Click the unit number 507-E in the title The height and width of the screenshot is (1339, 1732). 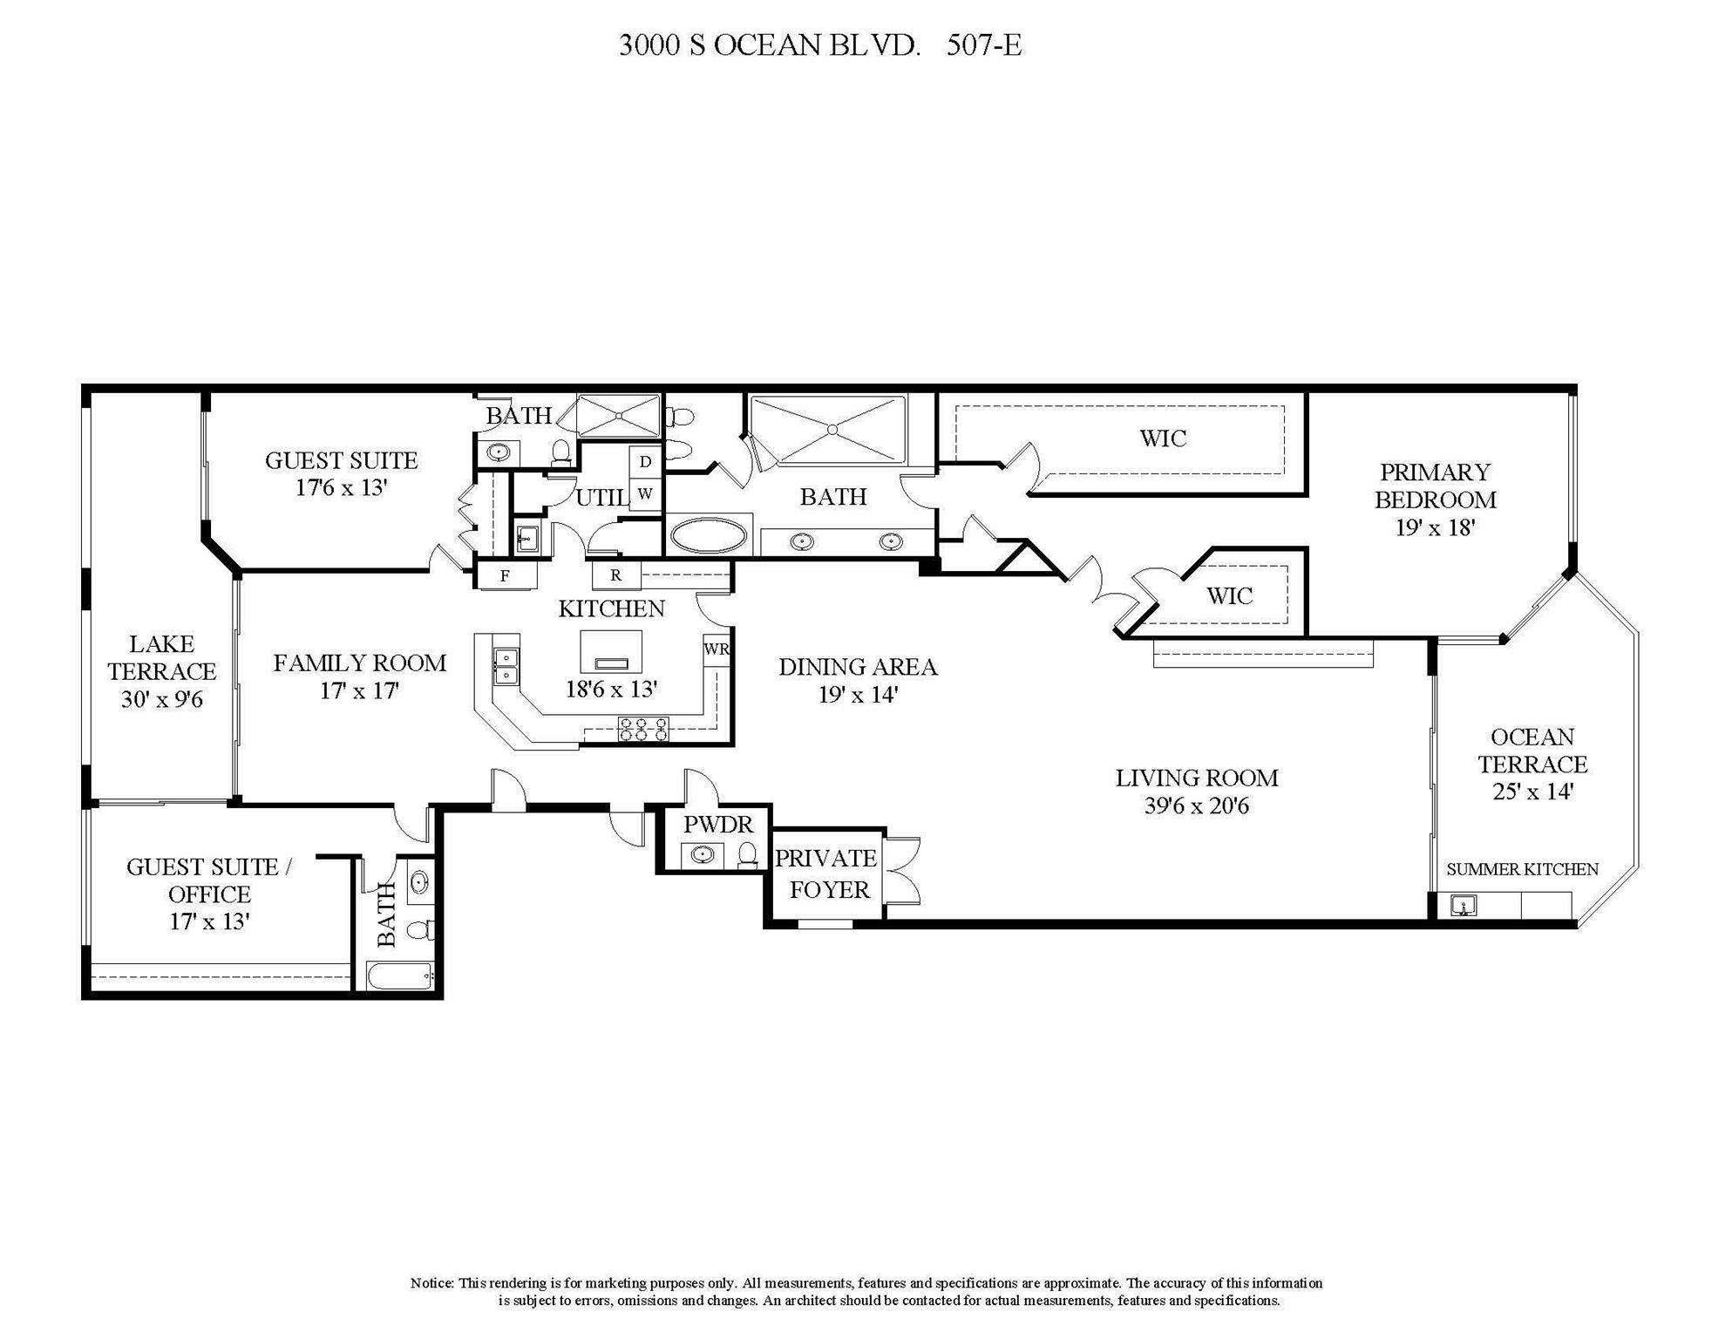tap(984, 45)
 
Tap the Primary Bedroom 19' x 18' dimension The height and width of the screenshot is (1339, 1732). tap(1434, 527)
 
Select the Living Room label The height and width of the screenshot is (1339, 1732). tap(1196, 778)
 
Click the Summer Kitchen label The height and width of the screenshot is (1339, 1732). tap(1522, 869)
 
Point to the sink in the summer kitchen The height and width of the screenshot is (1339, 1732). tap(1464, 906)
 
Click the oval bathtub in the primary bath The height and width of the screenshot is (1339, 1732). tap(709, 535)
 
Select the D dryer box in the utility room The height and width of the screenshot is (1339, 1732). tap(645, 462)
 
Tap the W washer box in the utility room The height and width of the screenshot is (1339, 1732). tap(645, 493)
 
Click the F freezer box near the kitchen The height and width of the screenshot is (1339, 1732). tap(505, 575)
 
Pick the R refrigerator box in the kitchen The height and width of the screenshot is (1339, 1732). tap(615, 575)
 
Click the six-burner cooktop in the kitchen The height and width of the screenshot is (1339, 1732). tap(643, 730)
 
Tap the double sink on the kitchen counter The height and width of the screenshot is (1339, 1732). tap(506, 666)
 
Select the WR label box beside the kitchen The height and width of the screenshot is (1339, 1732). tap(717, 649)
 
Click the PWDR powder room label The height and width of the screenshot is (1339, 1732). tap(717, 824)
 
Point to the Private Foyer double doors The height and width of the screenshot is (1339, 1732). tap(903, 871)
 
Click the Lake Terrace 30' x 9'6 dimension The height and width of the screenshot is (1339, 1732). tap(162, 699)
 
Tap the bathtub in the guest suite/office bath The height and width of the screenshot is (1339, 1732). tap(400, 975)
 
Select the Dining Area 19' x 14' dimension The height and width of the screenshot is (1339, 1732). tap(858, 695)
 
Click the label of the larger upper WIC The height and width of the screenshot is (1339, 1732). tap(1163, 438)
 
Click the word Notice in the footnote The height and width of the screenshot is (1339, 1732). tap(431, 1283)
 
